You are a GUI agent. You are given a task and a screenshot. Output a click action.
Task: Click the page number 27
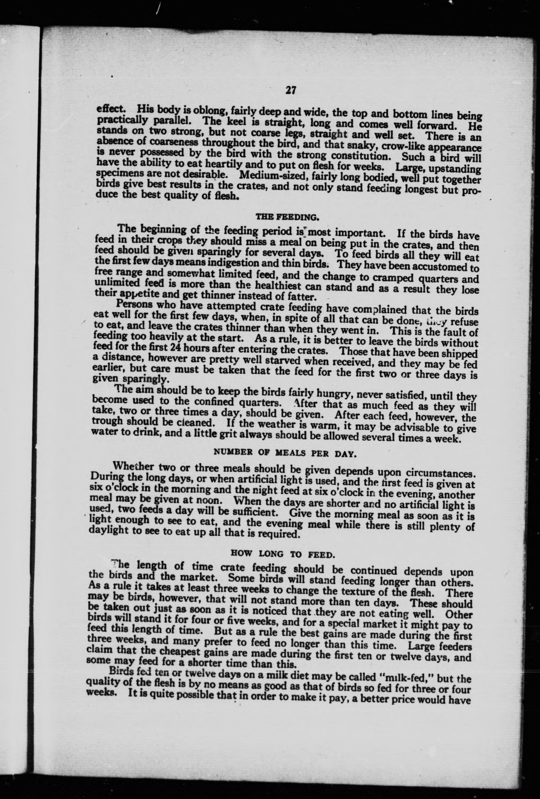(290, 90)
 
